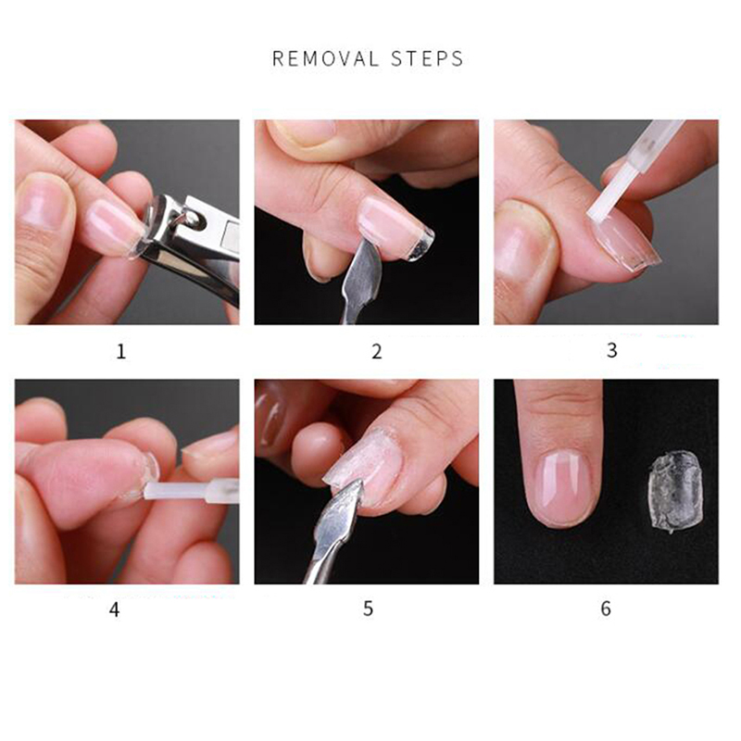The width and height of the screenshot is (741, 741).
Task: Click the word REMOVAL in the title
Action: [326, 58]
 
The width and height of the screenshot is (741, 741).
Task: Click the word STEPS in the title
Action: [427, 58]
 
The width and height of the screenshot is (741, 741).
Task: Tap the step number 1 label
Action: [121, 352]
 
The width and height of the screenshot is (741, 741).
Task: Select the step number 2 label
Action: [377, 352]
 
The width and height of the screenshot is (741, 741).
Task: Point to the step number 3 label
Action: [612, 350]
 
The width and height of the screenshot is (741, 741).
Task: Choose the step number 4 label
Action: [114, 609]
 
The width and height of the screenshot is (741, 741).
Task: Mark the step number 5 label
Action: [368, 609]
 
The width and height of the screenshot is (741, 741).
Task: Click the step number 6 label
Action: [606, 609]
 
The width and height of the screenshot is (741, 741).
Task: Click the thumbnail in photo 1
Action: [44, 202]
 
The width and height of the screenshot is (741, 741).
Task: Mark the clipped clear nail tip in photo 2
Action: [420, 244]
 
